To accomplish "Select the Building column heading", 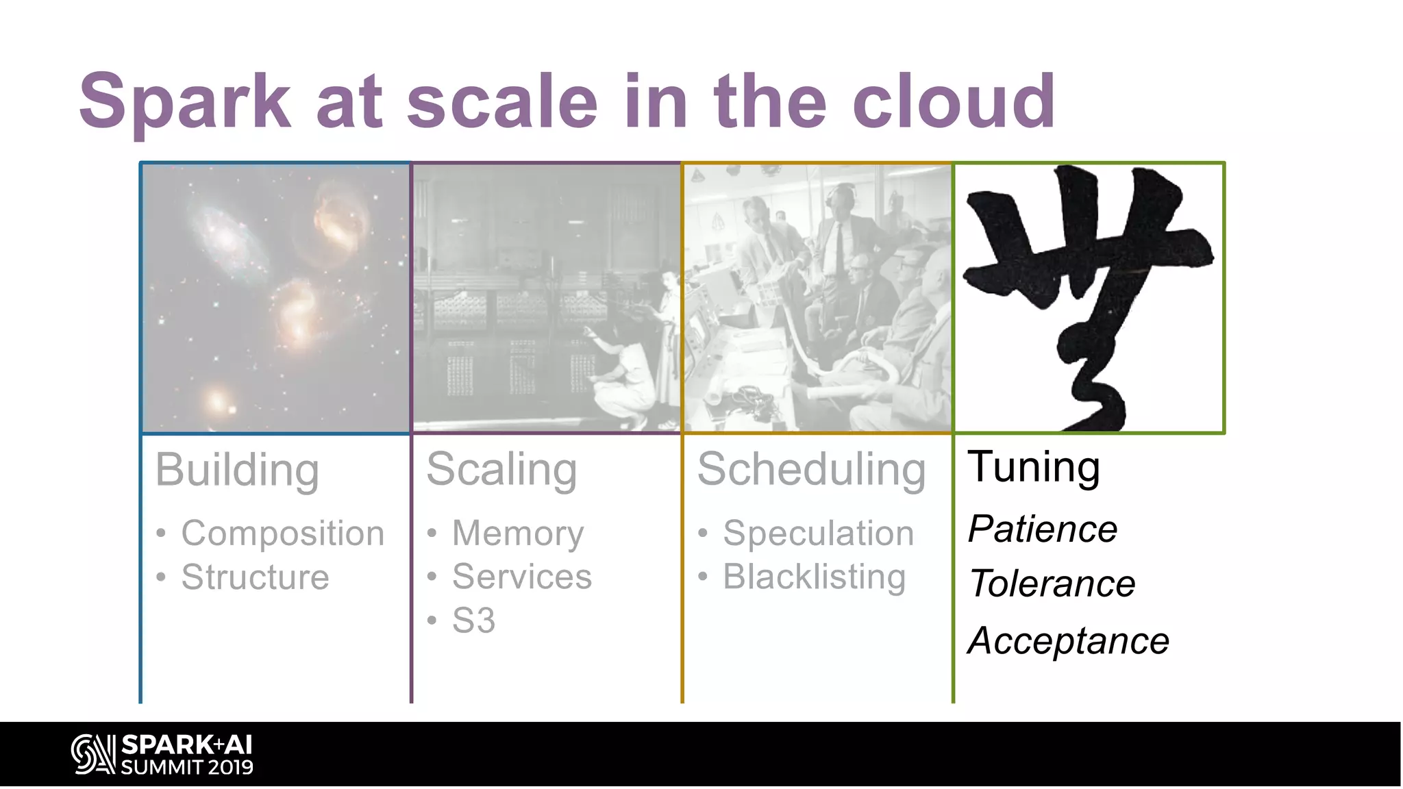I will point(237,470).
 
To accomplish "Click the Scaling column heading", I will point(501,470).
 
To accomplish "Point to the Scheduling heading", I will point(811,470).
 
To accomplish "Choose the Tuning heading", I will point(1033,467).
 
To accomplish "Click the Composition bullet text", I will point(282,533).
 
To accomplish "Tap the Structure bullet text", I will point(255,577).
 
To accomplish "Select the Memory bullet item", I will point(518,533).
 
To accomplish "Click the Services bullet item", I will point(522,577).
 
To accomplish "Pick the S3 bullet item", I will point(473,621).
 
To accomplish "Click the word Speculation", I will point(818,533).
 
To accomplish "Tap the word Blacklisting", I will point(814,577).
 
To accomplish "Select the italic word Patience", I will point(1042,529).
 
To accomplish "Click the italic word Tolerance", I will point(1052,584).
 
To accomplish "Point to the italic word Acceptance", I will point(1068,641).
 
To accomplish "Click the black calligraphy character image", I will point(1088,298).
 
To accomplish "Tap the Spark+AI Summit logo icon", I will point(93,754).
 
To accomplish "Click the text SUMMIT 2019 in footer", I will point(187,767).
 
